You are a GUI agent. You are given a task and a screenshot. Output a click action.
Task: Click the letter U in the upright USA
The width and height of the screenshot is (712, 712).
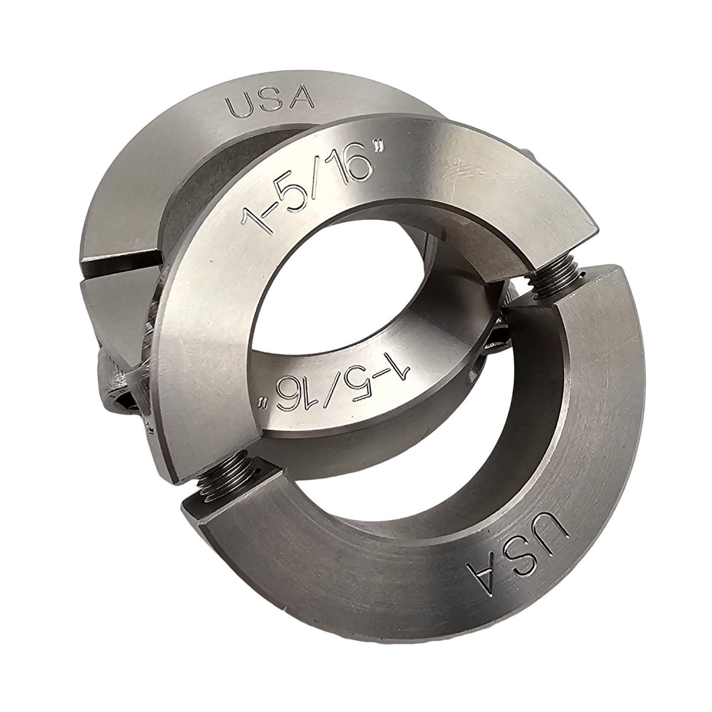242,105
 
